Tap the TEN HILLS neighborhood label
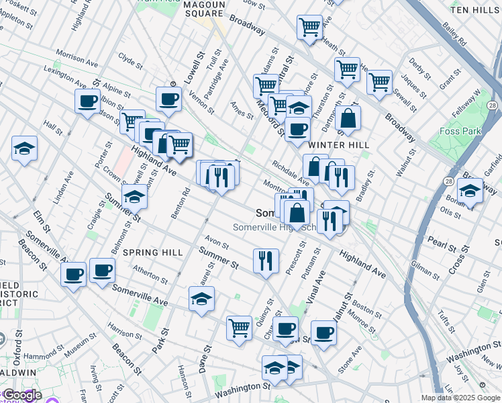474,11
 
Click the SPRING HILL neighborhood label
153,253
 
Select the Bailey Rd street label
455,34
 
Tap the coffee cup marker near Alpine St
87,102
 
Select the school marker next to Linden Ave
25,148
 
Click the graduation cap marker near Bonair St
470,190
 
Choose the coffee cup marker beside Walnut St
323,332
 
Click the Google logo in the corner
21,395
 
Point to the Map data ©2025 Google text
460,398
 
